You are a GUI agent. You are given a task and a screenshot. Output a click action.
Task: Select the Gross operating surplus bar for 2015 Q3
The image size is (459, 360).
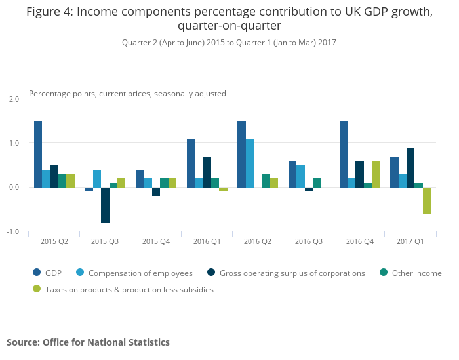105,205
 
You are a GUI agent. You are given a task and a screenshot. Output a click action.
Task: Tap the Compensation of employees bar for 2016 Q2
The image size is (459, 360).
250,163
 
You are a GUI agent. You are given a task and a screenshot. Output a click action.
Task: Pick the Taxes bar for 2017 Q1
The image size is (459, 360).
427,201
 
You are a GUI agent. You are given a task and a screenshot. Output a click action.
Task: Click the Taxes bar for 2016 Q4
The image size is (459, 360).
376,174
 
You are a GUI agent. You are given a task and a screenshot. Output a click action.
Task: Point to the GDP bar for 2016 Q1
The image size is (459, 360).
191,163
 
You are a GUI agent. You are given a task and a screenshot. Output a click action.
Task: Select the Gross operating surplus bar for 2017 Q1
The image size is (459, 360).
410,167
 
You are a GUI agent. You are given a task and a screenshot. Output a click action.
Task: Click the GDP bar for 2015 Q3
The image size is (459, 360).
89,190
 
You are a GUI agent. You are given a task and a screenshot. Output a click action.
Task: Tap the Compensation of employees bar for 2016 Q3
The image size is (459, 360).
300,176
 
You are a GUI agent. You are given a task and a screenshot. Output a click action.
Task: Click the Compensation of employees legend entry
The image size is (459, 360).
140,273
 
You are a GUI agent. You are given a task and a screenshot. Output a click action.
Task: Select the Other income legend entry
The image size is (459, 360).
416,273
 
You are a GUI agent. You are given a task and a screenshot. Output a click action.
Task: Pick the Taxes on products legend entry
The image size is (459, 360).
129,289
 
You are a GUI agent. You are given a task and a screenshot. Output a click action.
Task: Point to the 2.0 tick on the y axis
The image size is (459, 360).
14,99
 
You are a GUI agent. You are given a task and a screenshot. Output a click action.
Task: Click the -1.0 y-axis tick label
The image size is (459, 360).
14,232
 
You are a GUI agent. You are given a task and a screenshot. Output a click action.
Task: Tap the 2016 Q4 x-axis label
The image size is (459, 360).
359,241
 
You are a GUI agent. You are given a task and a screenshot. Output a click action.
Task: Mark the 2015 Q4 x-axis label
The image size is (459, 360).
156,241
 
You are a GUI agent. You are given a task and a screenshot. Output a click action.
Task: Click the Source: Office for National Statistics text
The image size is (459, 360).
88,342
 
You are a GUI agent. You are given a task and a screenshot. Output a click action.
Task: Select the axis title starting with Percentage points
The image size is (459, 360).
127,94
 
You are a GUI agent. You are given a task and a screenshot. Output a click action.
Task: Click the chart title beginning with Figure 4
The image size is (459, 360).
229,19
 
